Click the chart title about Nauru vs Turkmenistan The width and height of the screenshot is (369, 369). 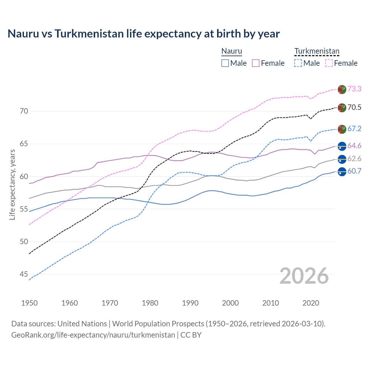click(144, 34)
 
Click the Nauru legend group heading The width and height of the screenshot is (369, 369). click(231, 51)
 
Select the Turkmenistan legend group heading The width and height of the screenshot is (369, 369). click(317, 51)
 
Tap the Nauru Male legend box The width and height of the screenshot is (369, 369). click(225, 63)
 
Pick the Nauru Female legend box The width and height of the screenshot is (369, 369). click(256, 63)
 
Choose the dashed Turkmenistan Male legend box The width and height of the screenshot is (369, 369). click(298, 63)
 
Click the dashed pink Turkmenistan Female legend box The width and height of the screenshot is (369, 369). click(329, 63)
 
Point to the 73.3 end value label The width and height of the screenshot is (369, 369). click(354, 89)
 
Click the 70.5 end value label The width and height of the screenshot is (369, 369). click(354, 108)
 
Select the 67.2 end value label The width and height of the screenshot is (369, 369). click(354, 129)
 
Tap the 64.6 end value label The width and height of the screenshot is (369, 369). click(354, 146)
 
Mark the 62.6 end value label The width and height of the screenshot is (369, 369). click(354, 159)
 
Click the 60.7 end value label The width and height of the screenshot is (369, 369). click(354, 171)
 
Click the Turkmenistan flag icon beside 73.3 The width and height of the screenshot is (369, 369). click(342, 89)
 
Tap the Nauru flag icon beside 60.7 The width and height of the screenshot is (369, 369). click(342, 172)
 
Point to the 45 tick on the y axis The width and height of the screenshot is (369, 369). click(24, 274)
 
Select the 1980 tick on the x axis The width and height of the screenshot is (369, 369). click(150, 303)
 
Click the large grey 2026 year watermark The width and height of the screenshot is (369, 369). click(304, 276)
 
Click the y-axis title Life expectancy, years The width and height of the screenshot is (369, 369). click(12, 184)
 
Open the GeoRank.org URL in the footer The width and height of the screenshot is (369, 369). click(93, 335)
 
